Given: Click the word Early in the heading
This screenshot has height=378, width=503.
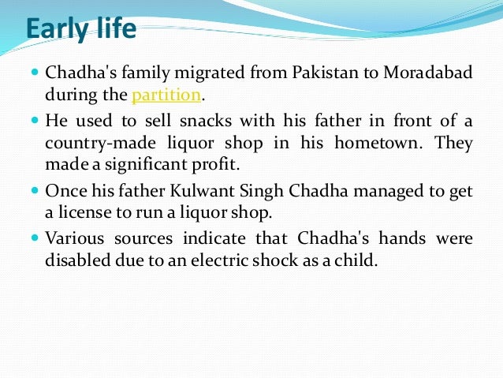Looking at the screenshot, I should click(56, 30).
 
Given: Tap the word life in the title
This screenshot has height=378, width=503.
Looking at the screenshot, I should click(114, 29).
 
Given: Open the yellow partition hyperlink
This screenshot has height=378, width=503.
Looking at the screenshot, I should click(166, 96).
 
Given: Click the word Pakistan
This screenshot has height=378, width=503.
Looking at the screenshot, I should click(307, 74).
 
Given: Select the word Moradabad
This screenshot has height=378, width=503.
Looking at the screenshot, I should click(427, 74).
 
